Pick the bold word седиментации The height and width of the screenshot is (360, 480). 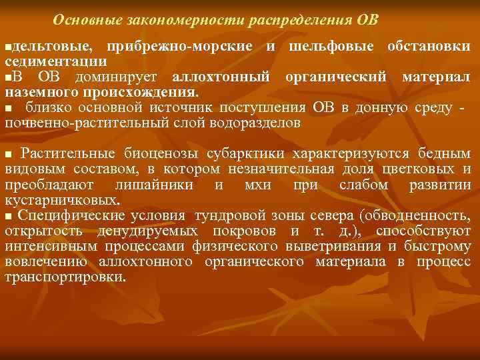(55, 61)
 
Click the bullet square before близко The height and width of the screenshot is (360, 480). (9, 109)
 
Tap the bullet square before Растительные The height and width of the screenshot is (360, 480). (9, 154)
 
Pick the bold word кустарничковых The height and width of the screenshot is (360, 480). (63, 199)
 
